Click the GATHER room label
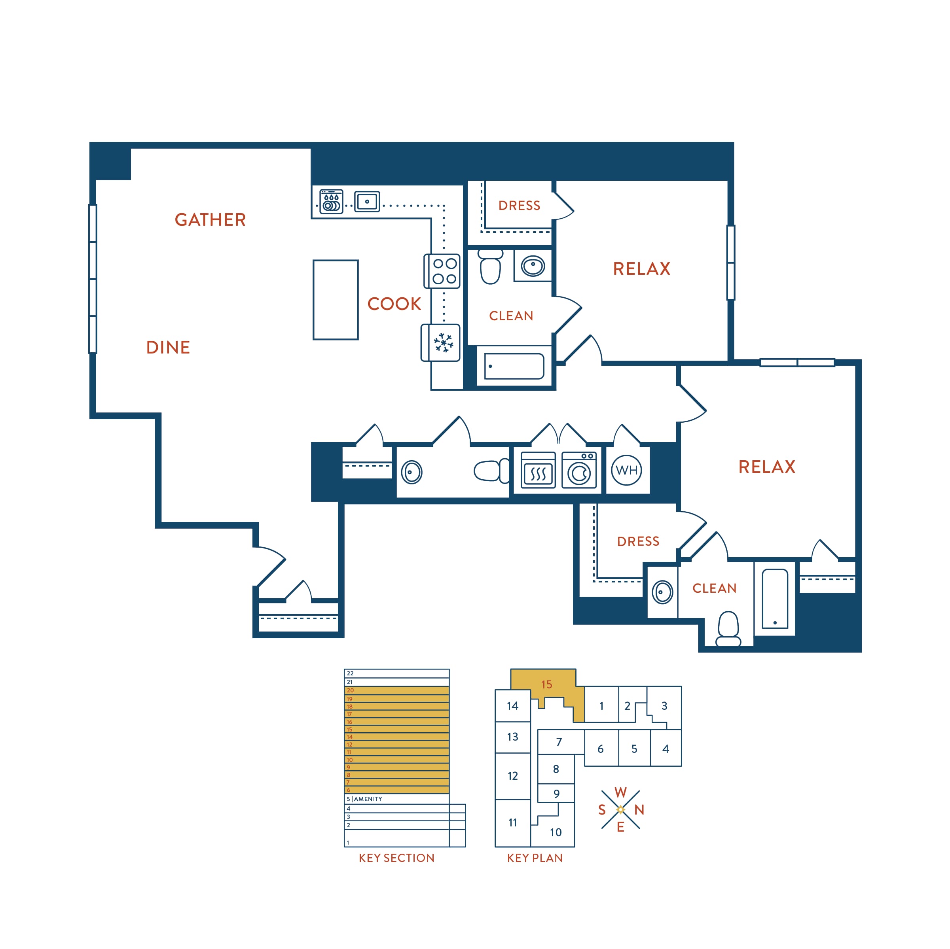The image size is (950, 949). point(210,220)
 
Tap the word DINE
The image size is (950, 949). point(168,348)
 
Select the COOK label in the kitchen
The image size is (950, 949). point(394,304)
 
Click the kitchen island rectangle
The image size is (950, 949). point(336,300)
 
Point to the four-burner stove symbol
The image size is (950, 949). point(442,271)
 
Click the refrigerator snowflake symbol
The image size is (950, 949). point(443,342)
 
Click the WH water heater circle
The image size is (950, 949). point(626,470)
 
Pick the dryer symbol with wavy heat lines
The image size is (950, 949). point(539,470)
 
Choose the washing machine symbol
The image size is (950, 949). point(579,470)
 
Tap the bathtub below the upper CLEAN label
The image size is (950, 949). point(514,366)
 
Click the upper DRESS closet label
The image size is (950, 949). point(519,206)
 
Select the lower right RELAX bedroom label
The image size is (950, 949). point(766,467)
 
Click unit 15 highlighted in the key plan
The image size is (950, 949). point(546,684)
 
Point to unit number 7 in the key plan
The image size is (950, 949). point(559,742)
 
